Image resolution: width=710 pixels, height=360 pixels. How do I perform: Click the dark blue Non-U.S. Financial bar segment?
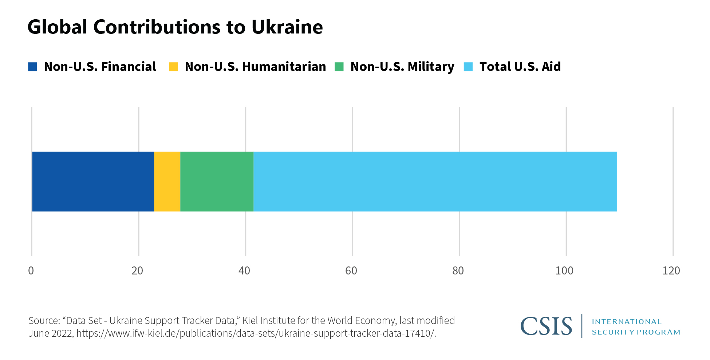point(93,181)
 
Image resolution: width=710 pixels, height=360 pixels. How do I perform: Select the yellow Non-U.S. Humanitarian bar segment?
point(167,181)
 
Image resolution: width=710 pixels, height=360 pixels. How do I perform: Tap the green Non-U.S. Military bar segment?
point(217,181)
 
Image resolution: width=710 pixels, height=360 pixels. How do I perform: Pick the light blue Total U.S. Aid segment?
point(435,181)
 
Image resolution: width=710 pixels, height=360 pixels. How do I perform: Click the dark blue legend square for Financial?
point(33,67)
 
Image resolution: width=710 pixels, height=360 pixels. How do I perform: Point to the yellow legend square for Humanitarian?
point(173,67)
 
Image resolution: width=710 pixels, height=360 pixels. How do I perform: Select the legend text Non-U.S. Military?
point(402,67)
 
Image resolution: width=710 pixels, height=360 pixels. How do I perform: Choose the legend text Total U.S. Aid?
point(520,67)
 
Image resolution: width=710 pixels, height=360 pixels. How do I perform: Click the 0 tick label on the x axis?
point(31,271)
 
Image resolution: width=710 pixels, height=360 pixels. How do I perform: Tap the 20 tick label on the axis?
point(137,271)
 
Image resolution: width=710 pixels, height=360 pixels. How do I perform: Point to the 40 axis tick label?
point(244,271)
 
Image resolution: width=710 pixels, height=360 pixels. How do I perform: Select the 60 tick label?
point(351,271)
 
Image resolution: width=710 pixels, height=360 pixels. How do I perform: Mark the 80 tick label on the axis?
point(458,271)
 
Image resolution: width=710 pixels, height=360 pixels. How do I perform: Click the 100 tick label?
point(564,271)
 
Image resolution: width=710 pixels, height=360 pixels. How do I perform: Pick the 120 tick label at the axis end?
point(671,271)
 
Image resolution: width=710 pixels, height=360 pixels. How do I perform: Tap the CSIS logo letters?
point(546,326)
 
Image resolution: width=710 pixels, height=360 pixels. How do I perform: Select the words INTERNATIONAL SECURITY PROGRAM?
point(636,327)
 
